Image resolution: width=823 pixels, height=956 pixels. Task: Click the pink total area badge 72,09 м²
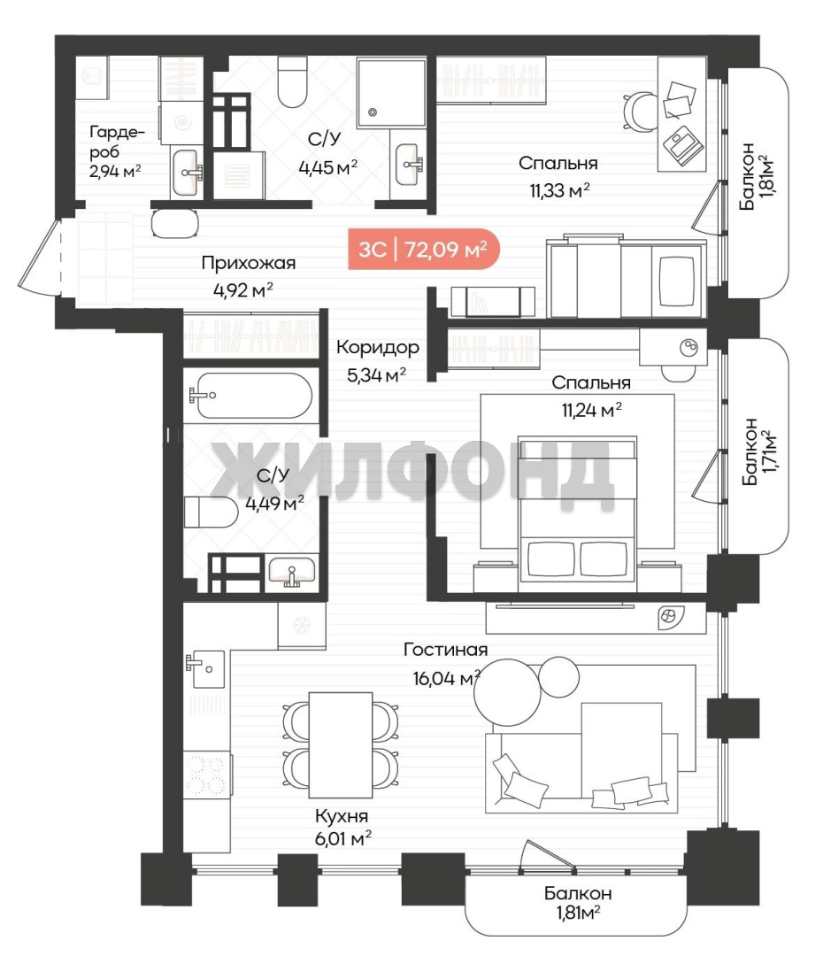(x=424, y=249)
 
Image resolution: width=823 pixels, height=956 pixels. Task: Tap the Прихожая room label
(x=248, y=264)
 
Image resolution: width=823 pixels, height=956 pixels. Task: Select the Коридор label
(x=378, y=348)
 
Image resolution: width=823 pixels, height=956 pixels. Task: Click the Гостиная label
(x=446, y=650)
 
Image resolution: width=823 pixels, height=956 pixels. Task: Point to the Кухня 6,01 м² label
(x=342, y=828)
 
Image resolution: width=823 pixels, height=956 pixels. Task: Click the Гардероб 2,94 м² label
(x=116, y=151)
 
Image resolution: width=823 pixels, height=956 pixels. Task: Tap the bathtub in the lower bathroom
(x=252, y=395)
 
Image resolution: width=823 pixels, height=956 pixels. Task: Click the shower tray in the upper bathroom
(x=391, y=93)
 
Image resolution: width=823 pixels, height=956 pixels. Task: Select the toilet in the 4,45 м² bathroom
(x=292, y=81)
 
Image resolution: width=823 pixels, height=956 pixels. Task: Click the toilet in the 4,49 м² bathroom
(x=211, y=512)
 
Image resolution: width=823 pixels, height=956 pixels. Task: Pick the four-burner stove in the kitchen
(x=207, y=775)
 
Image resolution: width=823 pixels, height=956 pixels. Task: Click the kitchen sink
(x=204, y=669)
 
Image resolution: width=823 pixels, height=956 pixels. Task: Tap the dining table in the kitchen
(x=340, y=745)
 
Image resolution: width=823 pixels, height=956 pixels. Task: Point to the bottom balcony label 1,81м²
(x=577, y=903)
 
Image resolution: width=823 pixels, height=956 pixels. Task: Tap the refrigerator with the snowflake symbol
(x=302, y=626)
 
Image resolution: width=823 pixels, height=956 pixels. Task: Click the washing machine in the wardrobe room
(x=181, y=123)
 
